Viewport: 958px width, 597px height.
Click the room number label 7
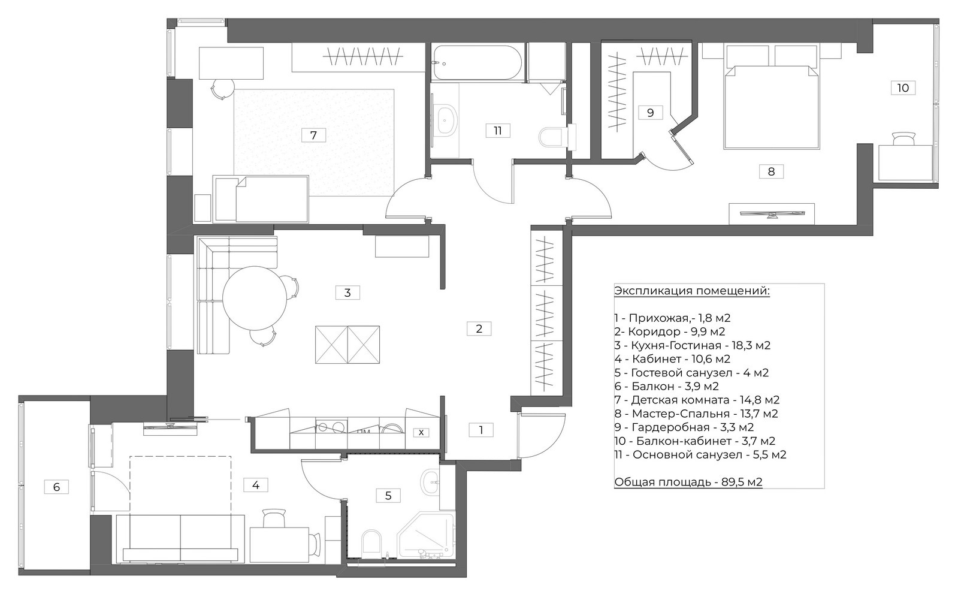pyautogui.click(x=313, y=135)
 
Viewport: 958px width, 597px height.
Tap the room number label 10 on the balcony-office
pyautogui.click(x=903, y=88)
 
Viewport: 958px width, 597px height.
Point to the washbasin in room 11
pyautogui.click(x=446, y=120)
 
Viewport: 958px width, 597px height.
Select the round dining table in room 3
pyautogui.click(x=255, y=298)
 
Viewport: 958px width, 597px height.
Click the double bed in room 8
pyautogui.click(x=771, y=106)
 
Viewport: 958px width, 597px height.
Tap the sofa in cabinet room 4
pyautogui.click(x=180, y=538)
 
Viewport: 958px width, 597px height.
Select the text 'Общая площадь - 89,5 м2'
pyautogui.click(x=688, y=482)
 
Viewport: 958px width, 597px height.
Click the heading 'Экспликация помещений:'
pyautogui.click(x=691, y=291)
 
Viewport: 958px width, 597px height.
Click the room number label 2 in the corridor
pyautogui.click(x=479, y=328)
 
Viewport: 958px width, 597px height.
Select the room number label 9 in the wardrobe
pyautogui.click(x=650, y=112)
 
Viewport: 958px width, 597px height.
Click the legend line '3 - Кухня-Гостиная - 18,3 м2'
pyautogui.click(x=692, y=346)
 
